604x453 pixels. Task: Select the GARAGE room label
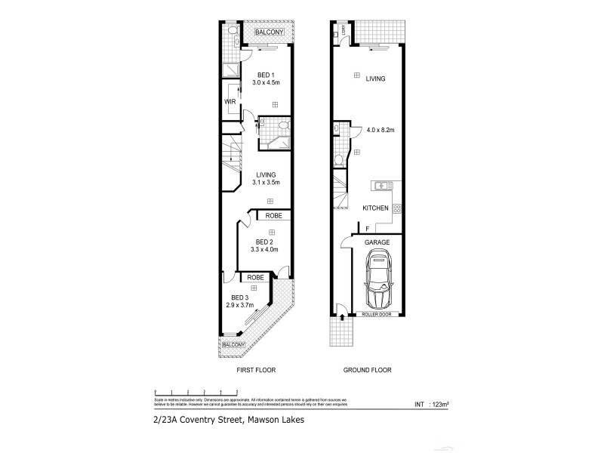(377, 242)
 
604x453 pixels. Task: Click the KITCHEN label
(375, 208)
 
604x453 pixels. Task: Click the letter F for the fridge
(367, 229)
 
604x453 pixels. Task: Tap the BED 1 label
(265, 75)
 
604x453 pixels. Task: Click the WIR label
(230, 100)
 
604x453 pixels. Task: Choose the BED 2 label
(265, 241)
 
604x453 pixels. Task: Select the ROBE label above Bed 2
(273, 216)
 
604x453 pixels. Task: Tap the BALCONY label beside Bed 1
(268, 32)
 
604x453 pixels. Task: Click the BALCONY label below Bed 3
(233, 344)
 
